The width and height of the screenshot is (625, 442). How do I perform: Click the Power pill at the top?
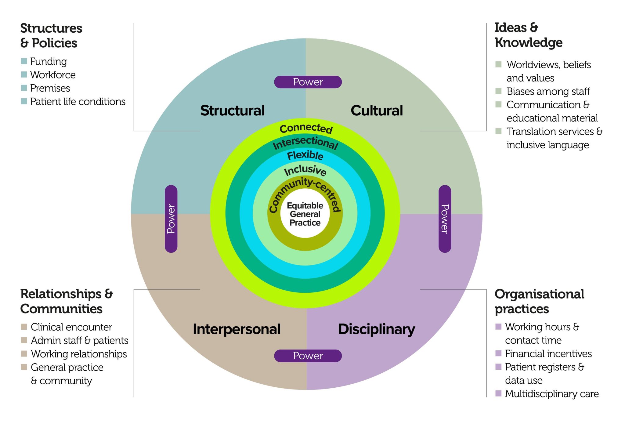pos(308,82)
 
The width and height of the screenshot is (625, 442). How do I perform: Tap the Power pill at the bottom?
pos(308,356)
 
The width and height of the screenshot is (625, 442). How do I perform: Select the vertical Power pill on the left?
pos(171,219)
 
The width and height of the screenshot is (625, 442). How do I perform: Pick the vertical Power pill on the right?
pos(445,219)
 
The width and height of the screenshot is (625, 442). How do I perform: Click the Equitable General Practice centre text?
pos(305,214)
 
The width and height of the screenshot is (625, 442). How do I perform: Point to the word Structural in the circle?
pos(232,111)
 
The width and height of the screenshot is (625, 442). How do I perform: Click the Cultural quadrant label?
pos(377,111)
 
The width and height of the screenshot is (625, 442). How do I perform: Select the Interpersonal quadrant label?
pos(237,329)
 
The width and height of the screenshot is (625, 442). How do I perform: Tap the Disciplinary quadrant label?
pos(376,329)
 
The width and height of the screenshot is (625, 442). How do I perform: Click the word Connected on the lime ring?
pos(306,129)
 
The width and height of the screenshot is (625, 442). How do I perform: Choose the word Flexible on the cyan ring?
pos(305,155)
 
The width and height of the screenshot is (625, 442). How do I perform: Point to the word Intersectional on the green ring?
pos(305,143)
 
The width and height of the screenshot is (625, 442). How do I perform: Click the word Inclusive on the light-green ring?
pos(305,170)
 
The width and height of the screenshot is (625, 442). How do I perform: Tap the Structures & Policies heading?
pos(51,35)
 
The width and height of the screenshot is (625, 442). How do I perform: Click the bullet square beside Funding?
pos(24,61)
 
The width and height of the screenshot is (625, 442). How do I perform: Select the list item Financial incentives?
pos(548,353)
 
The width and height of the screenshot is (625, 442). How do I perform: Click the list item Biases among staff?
pos(548,91)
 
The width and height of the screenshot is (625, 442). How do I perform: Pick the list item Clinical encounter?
pos(71,327)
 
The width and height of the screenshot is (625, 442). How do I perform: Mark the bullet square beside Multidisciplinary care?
pos(498,393)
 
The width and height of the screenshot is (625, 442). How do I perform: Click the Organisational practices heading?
pos(539,301)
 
